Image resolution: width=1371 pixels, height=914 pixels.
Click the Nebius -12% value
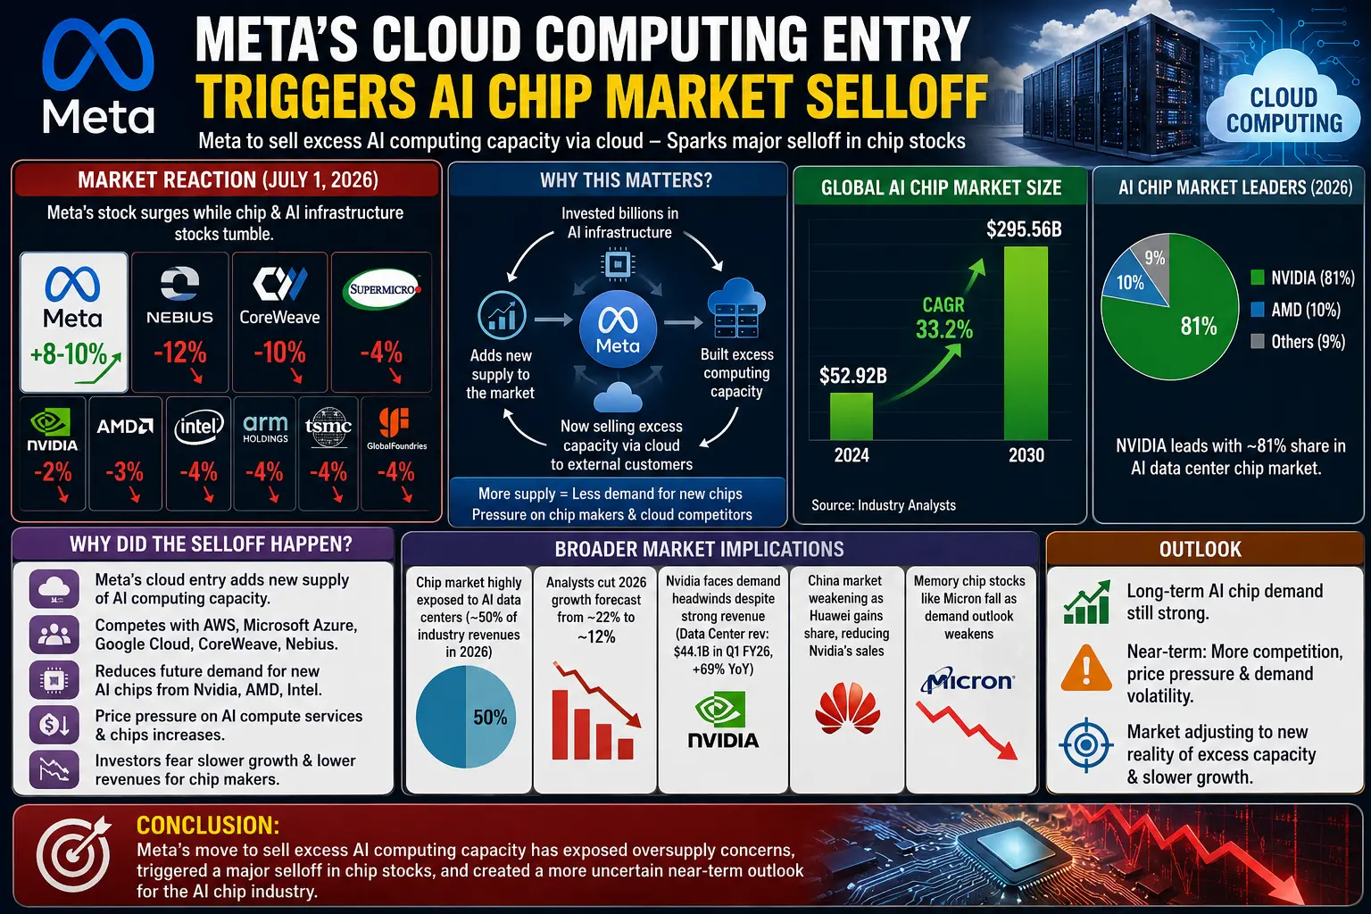180,353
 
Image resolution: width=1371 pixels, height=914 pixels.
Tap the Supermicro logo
382,289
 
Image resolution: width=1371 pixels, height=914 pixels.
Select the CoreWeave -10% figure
279,353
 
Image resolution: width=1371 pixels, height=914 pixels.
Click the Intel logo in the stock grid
199,426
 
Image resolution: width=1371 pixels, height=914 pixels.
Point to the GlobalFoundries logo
396,428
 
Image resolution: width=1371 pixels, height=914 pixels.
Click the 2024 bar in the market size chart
852,416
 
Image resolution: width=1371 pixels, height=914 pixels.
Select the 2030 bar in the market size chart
1026,343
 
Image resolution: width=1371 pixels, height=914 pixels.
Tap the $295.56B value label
1024,229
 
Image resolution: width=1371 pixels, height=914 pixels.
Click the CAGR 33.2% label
943,319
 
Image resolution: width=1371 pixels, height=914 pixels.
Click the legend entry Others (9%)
1298,342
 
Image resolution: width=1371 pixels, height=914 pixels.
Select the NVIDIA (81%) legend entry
1302,278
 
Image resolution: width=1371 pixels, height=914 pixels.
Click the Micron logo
968,680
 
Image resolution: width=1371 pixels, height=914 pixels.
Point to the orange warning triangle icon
1086,668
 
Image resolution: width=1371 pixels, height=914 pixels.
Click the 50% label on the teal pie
490,717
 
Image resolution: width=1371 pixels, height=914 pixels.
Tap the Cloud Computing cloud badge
1284,104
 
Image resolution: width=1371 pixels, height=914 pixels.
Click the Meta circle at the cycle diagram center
619,328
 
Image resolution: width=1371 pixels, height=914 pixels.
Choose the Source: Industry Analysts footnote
883,505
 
